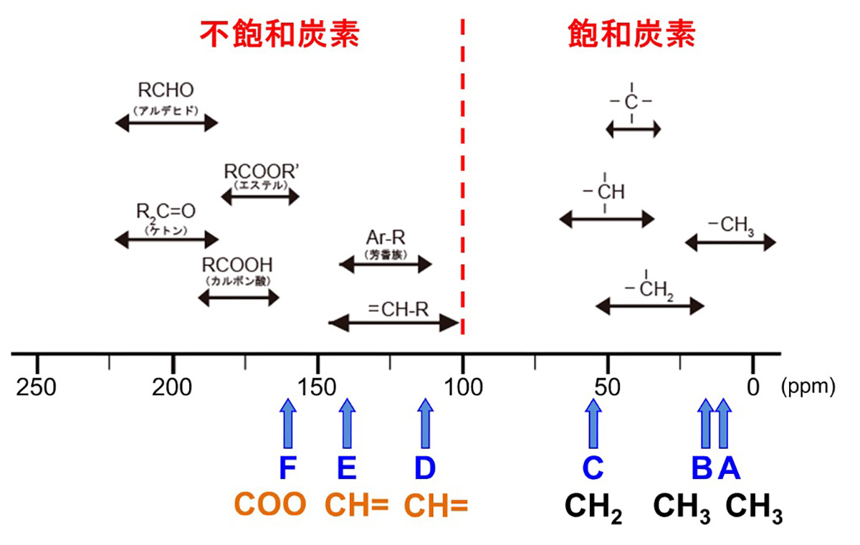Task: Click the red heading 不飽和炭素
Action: pyautogui.click(x=279, y=33)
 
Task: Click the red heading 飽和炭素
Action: pyautogui.click(x=631, y=33)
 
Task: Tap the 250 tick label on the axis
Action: pyautogui.click(x=37, y=387)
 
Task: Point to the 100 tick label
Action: pyautogui.click(x=462, y=387)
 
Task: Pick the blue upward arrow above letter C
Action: pyautogui.click(x=593, y=424)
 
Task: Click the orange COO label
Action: pyautogui.click(x=271, y=505)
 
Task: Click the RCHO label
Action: pyautogui.click(x=166, y=92)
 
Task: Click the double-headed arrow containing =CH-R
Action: pyautogui.click(x=393, y=323)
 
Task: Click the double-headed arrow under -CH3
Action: pyautogui.click(x=730, y=242)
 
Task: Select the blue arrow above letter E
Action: pyautogui.click(x=347, y=424)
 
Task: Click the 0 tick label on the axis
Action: pyautogui.click(x=752, y=387)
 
